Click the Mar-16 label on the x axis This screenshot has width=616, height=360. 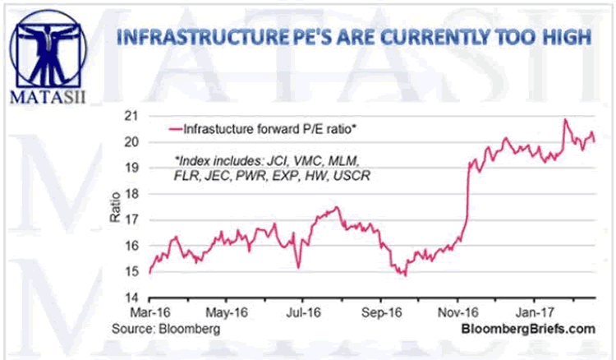(x=148, y=312)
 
